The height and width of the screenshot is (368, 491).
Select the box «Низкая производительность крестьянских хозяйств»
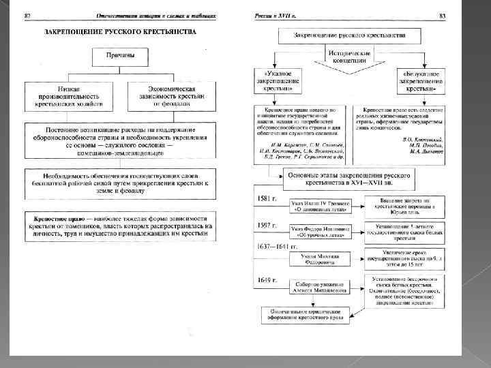tap(68, 97)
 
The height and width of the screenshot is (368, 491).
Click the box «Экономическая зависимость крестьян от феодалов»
tap(172, 97)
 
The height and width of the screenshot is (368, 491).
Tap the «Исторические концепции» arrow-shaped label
tap(349, 57)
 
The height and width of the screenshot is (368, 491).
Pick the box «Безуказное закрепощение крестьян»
tap(421, 79)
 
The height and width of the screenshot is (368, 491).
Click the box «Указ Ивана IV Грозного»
tap(321, 204)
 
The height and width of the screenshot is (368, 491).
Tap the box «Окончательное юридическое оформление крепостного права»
tap(307, 314)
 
